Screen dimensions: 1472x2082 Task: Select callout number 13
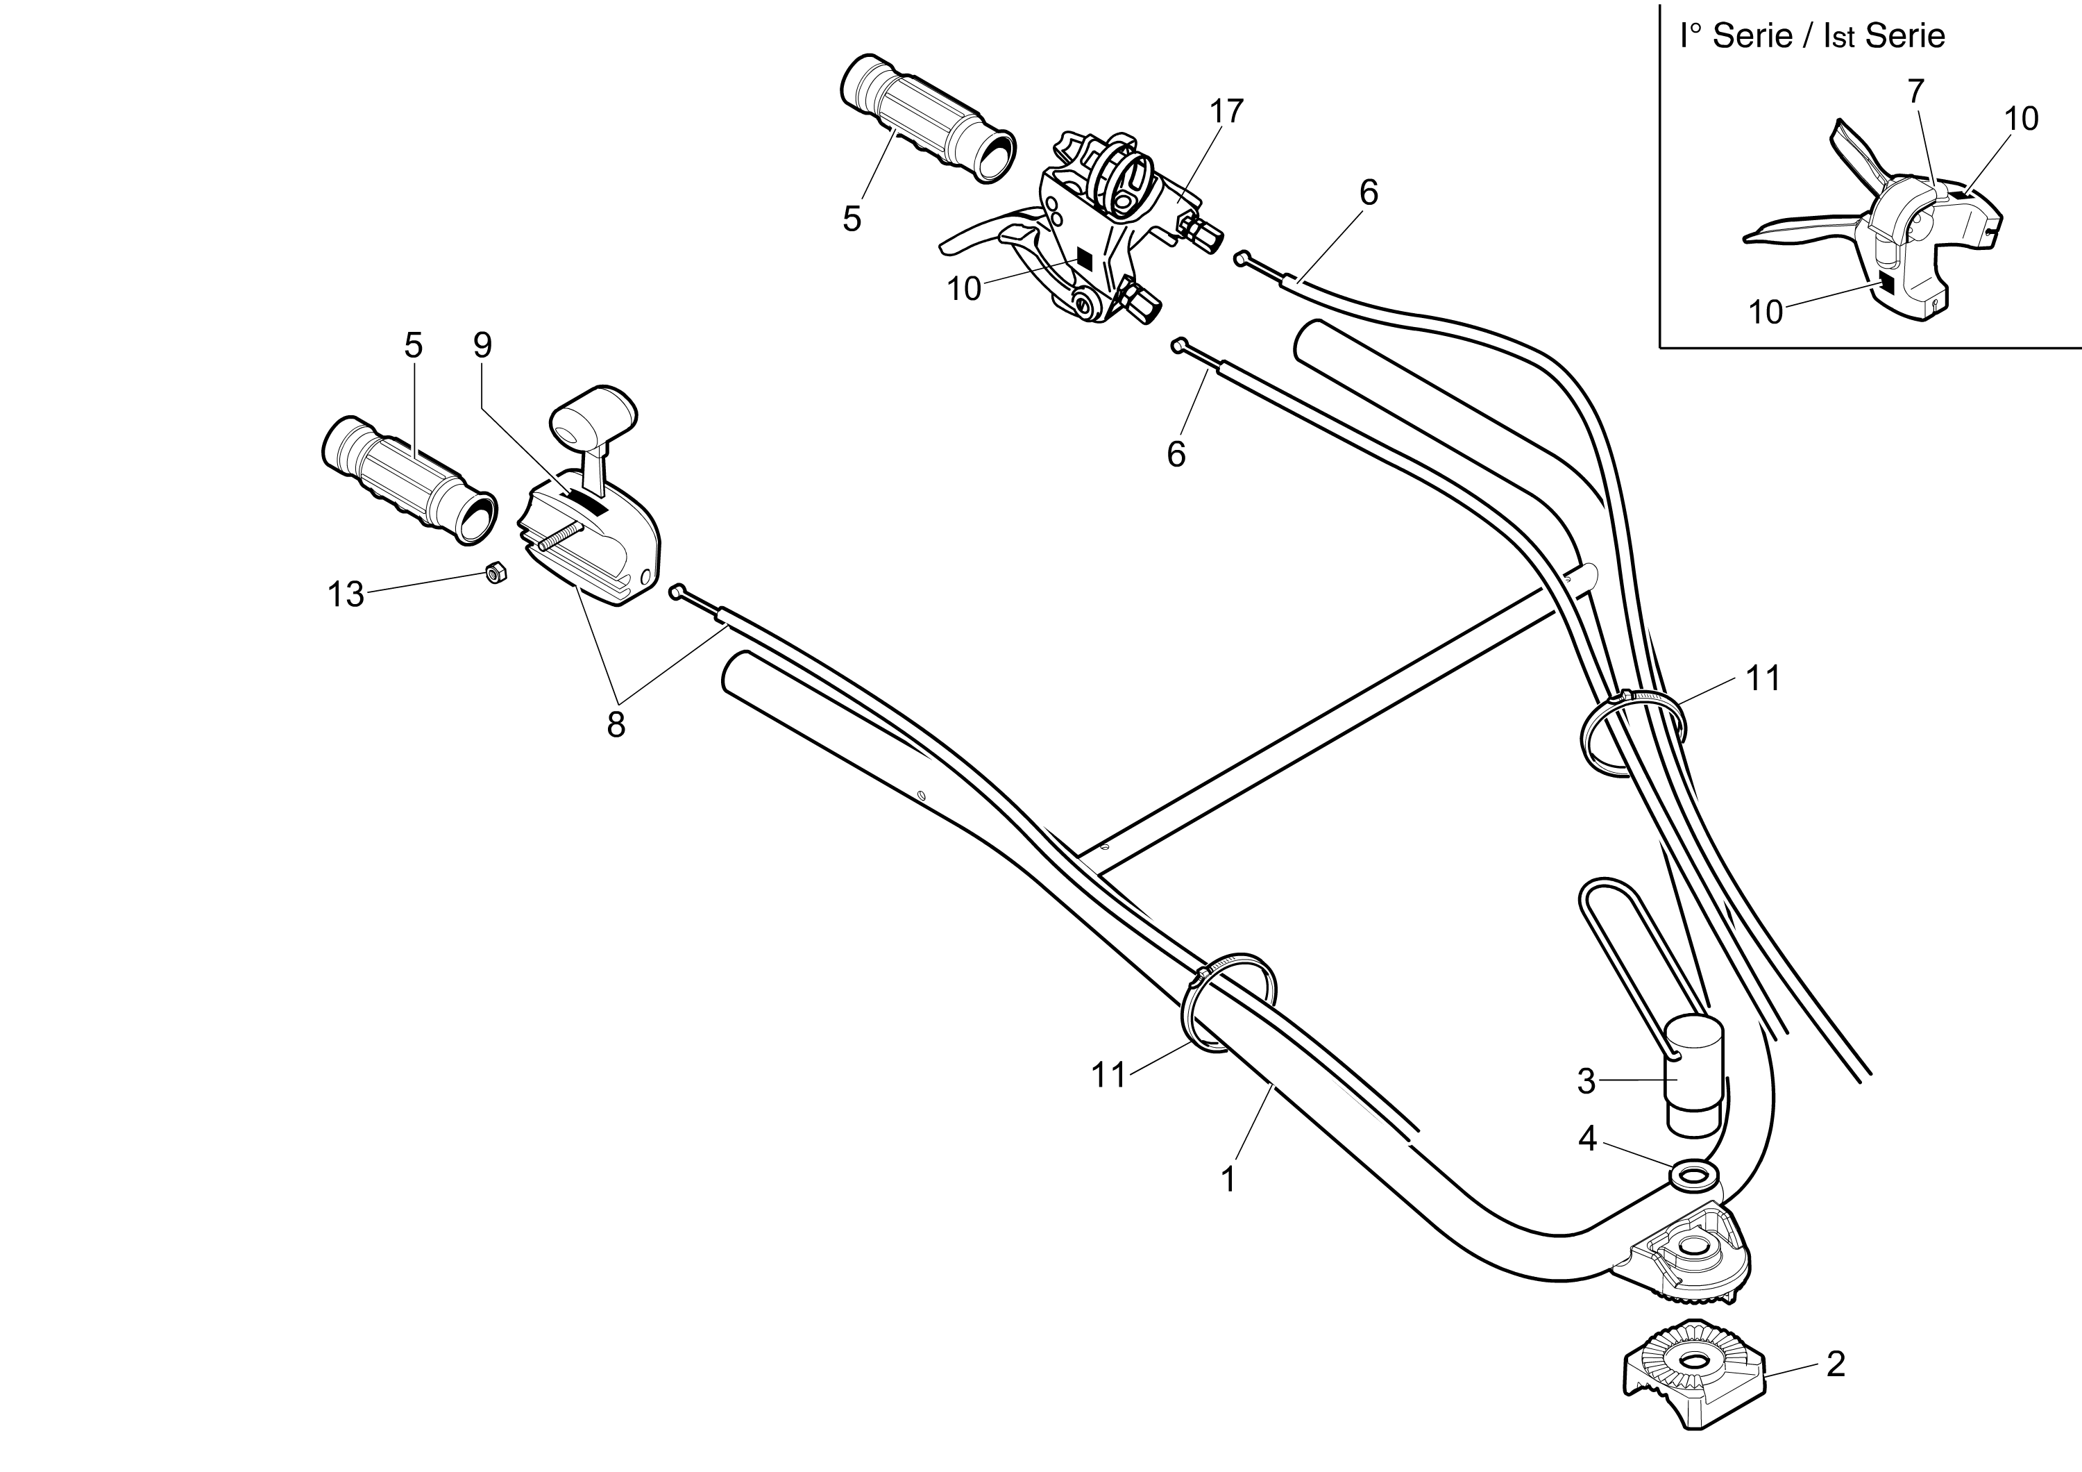click(346, 595)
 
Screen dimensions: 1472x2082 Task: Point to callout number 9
click(482, 344)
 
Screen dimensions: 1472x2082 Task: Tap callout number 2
click(1836, 1365)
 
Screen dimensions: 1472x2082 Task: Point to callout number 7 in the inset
click(1915, 92)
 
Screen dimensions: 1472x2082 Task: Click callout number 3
click(1586, 1081)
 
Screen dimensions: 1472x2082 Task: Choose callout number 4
click(1587, 1138)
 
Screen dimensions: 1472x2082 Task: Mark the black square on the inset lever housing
click(1887, 284)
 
